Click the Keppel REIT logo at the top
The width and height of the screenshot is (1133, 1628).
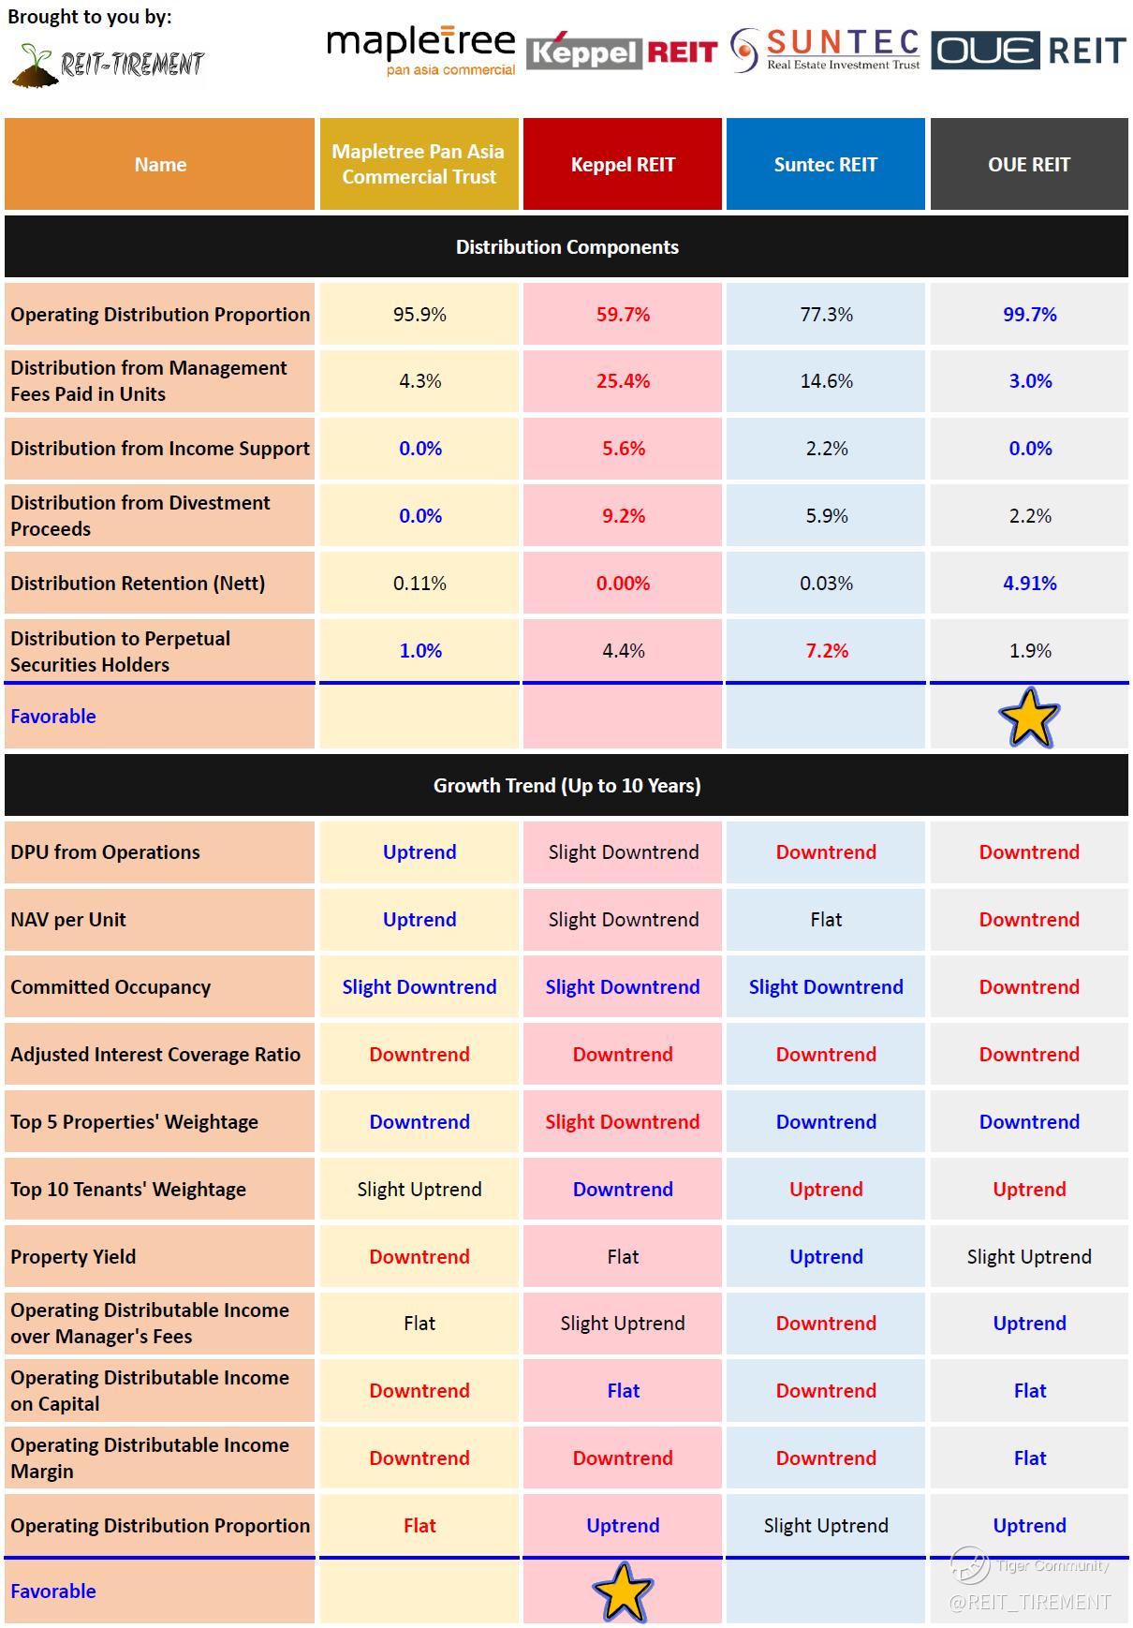coord(622,52)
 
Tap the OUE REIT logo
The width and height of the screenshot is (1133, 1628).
coord(1028,51)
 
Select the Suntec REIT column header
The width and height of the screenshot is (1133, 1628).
coord(825,165)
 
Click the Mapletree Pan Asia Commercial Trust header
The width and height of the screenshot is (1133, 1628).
coord(419,165)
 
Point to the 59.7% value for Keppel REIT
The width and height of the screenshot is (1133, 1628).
coord(623,315)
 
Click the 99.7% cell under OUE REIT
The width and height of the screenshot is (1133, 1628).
coord(1029,315)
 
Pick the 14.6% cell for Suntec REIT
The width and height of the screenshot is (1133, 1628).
coord(826,381)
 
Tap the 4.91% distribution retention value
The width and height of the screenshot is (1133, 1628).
coord(1029,584)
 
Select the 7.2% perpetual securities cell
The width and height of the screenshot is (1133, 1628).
coord(826,651)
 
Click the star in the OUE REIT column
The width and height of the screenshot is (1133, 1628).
coord(1029,718)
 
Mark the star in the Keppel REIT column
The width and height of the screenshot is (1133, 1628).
coord(623,1591)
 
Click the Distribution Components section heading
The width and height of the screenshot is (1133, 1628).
coord(566,247)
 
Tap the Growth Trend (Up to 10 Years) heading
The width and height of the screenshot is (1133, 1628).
coord(566,786)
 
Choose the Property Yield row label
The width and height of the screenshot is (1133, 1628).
coord(73,1257)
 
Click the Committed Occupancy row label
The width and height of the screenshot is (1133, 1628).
coord(110,987)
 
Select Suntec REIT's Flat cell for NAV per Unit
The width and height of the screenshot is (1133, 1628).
coord(826,920)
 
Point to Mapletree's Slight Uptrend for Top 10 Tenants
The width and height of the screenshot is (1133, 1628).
coord(419,1190)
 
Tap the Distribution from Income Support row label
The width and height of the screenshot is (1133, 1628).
coord(159,449)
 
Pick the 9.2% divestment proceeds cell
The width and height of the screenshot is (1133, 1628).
coord(623,516)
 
